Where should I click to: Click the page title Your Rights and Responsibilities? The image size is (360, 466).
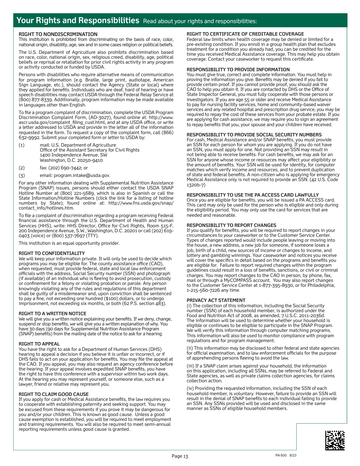tap(78, 20)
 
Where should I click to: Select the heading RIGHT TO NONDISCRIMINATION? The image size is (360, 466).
tap(58, 34)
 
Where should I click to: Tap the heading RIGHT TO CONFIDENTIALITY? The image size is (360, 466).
tap(52, 253)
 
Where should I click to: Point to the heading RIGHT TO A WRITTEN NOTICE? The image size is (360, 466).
tap(52, 313)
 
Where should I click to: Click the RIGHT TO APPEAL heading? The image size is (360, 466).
tap(39, 344)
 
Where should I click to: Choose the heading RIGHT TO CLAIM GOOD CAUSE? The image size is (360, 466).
tap(53, 394)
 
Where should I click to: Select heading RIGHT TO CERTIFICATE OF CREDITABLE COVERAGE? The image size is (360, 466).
tap(245, 34)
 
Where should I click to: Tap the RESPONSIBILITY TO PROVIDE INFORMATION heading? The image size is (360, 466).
tap(238, 69)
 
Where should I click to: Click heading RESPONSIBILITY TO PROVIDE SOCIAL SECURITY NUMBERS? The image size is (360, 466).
tap(254, 134)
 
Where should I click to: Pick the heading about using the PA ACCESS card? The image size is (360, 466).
tap(252, 195)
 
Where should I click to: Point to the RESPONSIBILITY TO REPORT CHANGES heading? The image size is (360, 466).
tap(231, 225)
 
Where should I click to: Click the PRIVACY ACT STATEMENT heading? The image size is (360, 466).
tap(216, 300)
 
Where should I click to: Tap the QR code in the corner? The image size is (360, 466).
tap(335, 440)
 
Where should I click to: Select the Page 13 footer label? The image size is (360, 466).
tap(180, 456)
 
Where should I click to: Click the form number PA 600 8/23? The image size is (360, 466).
tap(286, 455)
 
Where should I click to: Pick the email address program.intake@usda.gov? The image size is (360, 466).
tap(82, 175)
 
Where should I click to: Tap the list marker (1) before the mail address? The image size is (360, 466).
tap(22, 145)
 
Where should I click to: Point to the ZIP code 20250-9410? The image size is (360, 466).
tap(90, 160)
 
